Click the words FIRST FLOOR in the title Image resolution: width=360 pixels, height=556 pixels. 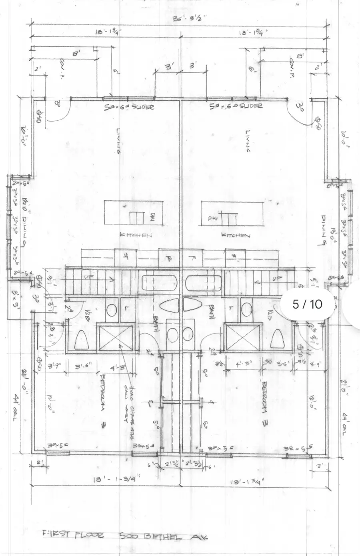point(72,534)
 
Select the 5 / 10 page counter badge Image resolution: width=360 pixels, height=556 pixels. point(307,304)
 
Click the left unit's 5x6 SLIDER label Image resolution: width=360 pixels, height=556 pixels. point(129,107)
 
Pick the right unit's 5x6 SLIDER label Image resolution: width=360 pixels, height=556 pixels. point(236,106)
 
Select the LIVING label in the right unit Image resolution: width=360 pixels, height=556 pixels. point(248,141)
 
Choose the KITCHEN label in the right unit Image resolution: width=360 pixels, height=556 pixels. point(236,235)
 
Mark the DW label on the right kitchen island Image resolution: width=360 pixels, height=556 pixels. point(212,218)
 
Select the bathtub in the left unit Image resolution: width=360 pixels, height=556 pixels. point(159,283)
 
